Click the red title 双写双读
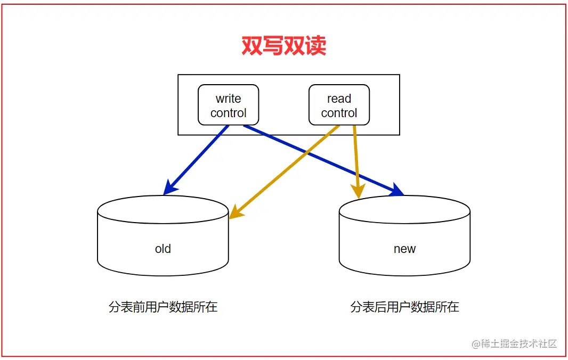(x=283, y=46)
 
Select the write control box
(x=228, y=105)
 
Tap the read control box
(x=339, y=105)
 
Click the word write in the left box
(x=228, y=99)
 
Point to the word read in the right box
(x=339, y=99)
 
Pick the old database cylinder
(x=163, y=236)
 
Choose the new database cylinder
(x=404, y=236)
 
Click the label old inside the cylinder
(x=163, y=249)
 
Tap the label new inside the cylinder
(x=404, y=249)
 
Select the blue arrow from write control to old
(x=196, y=160)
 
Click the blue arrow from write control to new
(x=323, y=160)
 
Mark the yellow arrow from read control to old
(x=285, y=172)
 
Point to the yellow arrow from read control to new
(x=356, y=162)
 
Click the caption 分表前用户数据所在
(x=163, y=307)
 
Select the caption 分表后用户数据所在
(x=404, y=307)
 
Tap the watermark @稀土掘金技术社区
(x=514, y=343)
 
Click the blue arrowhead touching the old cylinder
(x=169, y=187)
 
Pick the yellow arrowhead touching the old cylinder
(x=236, y=212)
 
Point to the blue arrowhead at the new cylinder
(x=397, y=191)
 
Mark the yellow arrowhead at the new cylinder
(x=358, y=191)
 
